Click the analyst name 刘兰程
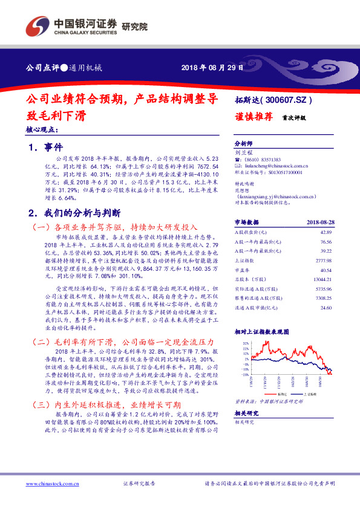coord(241,154)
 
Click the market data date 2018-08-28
coord(320,222)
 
